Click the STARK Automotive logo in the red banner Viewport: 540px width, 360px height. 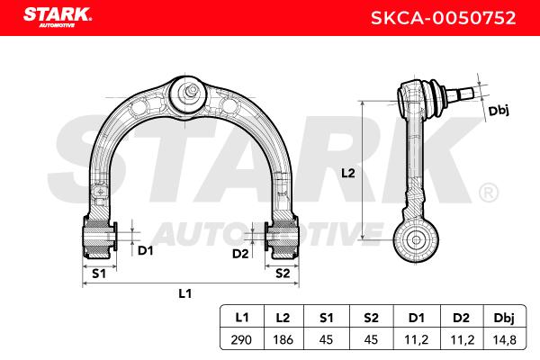coord(58,18)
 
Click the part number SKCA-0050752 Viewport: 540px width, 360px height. coord(443,18)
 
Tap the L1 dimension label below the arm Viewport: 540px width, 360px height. coord(184,293)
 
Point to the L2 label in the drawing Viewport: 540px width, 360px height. coord(347,173)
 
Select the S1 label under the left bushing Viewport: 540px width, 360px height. coord(99,274)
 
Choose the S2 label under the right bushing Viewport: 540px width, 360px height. coord(283,274)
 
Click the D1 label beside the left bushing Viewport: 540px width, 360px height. coord(145,250)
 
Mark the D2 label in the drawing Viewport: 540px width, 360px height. coord(240,254)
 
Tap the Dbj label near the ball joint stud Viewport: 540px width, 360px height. coord(499,111)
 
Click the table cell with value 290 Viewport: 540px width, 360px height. coord(241,340)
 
